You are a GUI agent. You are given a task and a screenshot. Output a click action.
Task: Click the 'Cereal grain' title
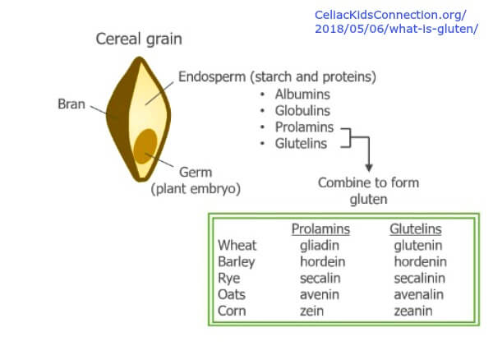(139, 39)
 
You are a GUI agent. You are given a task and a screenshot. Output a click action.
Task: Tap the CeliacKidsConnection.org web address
(396, 21)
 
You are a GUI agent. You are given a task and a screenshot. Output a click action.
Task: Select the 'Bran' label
(71, 104)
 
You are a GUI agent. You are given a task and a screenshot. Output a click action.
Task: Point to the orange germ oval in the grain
(145, 146)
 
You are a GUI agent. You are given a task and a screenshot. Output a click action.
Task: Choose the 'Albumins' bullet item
(302, 95)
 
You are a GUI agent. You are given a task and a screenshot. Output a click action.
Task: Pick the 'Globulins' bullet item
(302, 111)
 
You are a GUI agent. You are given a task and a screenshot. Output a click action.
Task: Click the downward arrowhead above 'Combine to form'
(369, 168)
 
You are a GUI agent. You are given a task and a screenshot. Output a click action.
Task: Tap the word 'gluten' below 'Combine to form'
(368, 200)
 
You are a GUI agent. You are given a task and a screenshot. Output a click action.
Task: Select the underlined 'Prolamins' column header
(320, 228)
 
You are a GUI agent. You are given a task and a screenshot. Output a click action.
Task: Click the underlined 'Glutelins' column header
(416, 228)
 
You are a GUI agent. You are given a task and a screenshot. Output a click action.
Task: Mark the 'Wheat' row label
(237, 245)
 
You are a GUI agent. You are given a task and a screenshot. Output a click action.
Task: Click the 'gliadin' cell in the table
(320, 246)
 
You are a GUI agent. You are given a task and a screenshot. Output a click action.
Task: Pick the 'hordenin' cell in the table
(421, 261)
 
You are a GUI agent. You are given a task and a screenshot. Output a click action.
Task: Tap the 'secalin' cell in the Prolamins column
(320, 278)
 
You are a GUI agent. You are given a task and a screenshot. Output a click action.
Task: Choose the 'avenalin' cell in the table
(419, 294)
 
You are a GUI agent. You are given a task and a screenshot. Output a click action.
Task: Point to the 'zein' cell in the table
(311, 311)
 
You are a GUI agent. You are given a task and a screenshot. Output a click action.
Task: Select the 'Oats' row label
(232, 294)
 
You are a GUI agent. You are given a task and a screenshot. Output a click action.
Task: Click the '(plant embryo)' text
(196, 189)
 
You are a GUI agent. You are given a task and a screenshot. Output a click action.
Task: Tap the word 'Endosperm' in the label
(212, 77)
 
